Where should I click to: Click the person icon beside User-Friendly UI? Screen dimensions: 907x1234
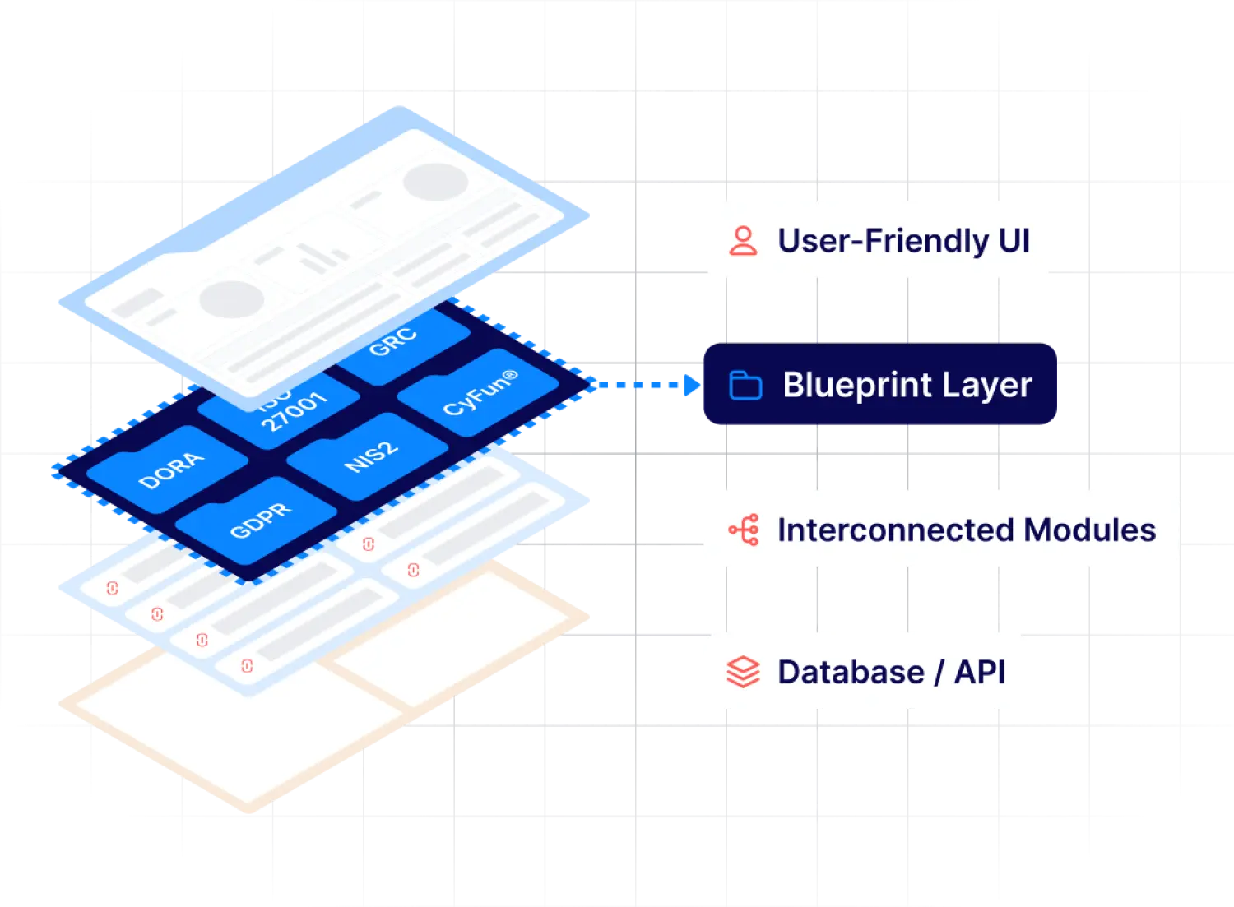click(x=743, y=241)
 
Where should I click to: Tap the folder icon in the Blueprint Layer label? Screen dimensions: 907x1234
click(x=745, y=385)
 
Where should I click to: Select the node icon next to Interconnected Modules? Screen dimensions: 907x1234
click(x=744, y=530)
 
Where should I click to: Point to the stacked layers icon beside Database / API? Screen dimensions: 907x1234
click(x=743, y=672)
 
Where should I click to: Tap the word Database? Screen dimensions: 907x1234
click(x=851, y=672)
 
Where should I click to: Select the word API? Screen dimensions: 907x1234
click(x=979, y=672)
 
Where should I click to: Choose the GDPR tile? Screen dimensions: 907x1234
click(x=260, y=521)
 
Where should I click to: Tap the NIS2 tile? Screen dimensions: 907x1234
click(x=371, y=457)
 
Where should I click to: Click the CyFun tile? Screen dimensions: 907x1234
click(x=480, y=393)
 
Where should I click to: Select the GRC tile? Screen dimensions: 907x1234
click(x=392, y=342)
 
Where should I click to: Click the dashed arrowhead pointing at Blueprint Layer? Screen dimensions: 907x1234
click(x=689, y=385)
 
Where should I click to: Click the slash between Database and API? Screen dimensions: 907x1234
click(x=939, y=672)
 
